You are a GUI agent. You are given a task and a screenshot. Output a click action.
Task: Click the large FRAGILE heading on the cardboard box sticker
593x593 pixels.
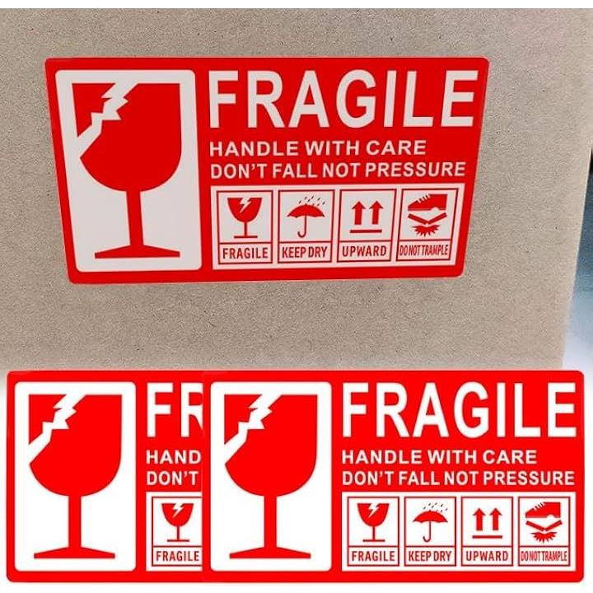click(x=343, y=99)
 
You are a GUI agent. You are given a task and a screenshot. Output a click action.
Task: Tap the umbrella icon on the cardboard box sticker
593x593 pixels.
click(x=306, y=217)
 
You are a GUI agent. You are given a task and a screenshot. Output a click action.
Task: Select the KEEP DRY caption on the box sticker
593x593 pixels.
click(x=305, y=252)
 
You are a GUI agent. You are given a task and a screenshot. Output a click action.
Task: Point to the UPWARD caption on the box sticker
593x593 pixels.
click(x=365, y=251)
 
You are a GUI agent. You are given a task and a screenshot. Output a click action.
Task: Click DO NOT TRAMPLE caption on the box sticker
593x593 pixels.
click(x=424, y=250)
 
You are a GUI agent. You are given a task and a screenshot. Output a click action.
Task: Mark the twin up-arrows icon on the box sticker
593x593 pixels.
click(x=367, y=217)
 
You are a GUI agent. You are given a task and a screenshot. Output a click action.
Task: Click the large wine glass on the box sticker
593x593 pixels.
click(x=130, y=170)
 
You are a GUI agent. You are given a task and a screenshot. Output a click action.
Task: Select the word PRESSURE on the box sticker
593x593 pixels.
click(x=415, y=169)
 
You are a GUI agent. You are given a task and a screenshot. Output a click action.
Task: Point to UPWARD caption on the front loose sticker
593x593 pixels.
click(x=487, y=556)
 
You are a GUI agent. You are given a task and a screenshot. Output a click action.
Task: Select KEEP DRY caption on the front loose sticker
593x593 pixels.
click(x=430, y=556)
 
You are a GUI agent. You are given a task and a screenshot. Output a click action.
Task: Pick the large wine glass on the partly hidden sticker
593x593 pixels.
click(x=76, y=477)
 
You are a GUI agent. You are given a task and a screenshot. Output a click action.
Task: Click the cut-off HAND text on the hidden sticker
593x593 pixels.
click(x=174, y=458)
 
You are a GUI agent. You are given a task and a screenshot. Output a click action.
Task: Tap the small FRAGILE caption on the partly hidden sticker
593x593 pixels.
click(x=178, y=556)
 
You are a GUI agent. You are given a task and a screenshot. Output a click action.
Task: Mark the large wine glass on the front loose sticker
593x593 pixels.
click(x=271, y=477)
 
